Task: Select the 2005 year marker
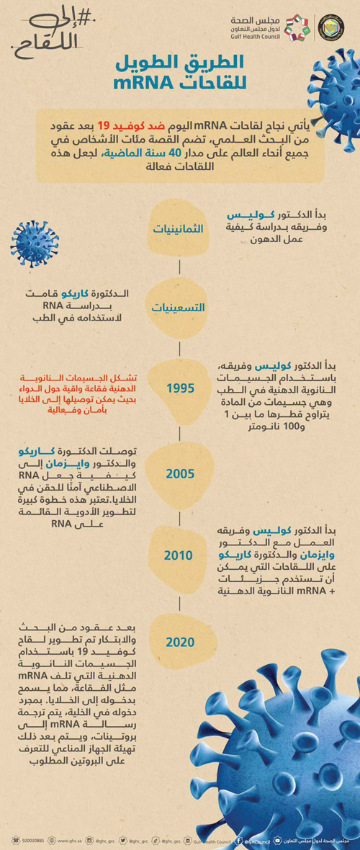[x=179, y=473]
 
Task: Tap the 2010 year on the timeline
[x=179, y=555]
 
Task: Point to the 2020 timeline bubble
[x=179, y=642]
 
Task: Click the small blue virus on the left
[x=34, y=243]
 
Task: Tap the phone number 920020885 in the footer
[x=32, y=840]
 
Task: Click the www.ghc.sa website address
[x=73, y=840]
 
